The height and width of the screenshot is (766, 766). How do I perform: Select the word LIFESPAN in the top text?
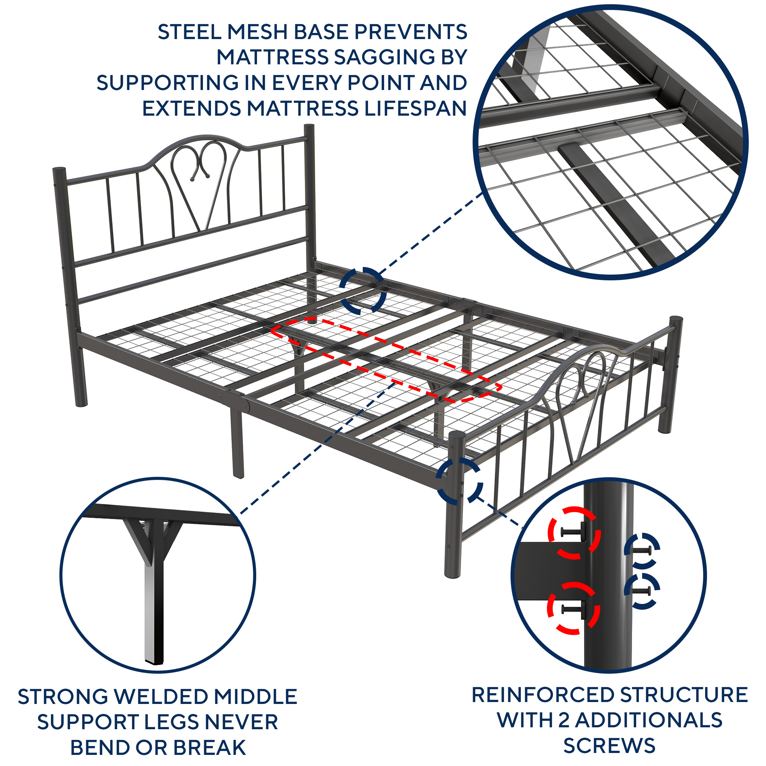point(415,108)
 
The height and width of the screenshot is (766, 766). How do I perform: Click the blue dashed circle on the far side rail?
point(363,291)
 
